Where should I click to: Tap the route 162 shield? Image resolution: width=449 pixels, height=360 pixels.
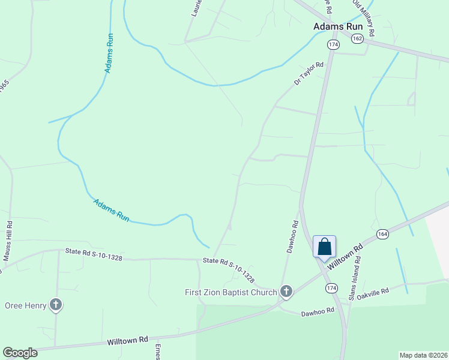[x=358, y=38]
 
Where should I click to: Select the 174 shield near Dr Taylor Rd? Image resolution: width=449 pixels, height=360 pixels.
[x=333, y=45]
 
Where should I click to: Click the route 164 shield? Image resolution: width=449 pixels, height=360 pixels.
[x=382, y=233]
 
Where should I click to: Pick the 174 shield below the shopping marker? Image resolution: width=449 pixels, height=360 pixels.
[x=331, y=289]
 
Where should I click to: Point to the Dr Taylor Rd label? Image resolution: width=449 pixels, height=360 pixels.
[x=309, y=73]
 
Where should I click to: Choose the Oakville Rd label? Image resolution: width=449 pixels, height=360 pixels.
[x=373, y=293]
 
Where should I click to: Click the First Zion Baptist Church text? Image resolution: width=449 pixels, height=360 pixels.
[x=231, y=292]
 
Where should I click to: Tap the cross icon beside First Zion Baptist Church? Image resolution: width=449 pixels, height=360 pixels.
[x=286, y=292]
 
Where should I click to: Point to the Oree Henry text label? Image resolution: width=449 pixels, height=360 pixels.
[x=25, y=305]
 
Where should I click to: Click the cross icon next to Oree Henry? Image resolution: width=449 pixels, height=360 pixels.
[x=56, y=305]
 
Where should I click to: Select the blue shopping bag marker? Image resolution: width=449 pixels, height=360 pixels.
[x=324, y=247]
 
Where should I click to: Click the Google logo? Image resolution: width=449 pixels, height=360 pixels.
[x=20, y=353]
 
